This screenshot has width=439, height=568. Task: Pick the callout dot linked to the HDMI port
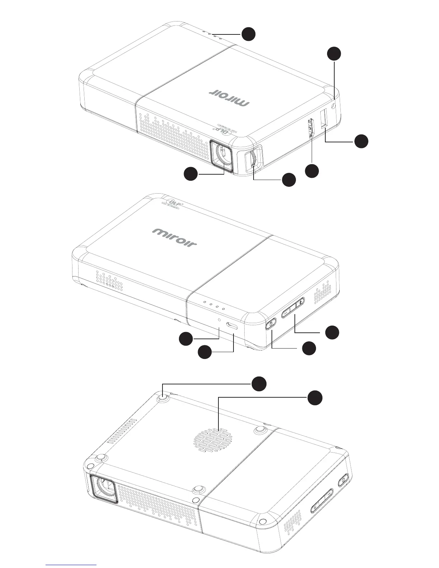coord(312,171)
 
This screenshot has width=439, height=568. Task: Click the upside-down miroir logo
coord(229,97)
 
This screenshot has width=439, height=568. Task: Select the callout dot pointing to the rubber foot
coord(258,384)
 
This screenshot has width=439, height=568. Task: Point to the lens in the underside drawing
coord(106,488)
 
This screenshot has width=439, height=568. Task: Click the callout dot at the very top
coord(248,34)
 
